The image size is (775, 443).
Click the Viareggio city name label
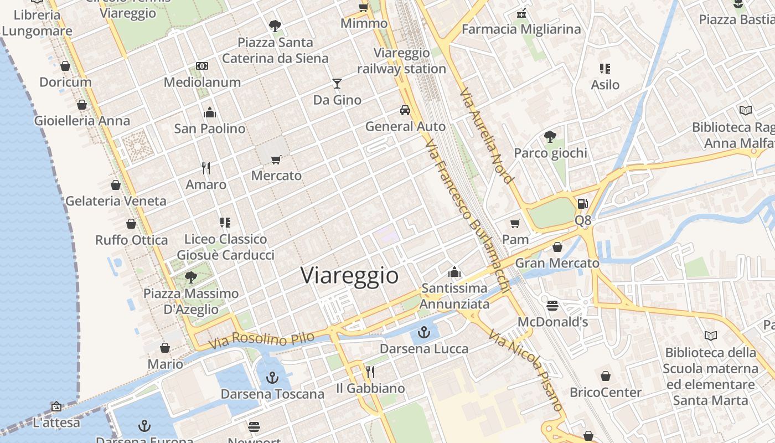[x=349, y=275]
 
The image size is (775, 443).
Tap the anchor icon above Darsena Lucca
[x=424, y=332]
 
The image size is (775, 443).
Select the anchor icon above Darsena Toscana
[x=272, y=378]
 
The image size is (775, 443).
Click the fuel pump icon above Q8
[x=582, y=204]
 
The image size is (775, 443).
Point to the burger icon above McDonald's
[x=552, y=305]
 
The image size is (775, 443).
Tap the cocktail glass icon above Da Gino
[x=337, y=84]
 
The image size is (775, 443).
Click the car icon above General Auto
[x=405, y=110]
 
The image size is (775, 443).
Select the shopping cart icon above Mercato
[x=276, y=159]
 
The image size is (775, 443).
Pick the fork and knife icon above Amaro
[x=206, y=168]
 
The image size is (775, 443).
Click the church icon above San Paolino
[x=210, y=112]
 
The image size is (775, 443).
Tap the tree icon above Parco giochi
[x=550, y=136]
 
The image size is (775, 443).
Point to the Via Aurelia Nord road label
[x=486, y=136]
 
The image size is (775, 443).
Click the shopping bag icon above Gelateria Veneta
[x=116, y=185]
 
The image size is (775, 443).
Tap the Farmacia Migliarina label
[x=521, y=29]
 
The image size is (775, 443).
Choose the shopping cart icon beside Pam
[x=515, y=223]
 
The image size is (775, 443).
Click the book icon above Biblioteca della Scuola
[x=711, y=336]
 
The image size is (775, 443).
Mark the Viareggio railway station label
[x=401, y=61]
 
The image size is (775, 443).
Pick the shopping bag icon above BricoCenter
[x=606, y=376]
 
